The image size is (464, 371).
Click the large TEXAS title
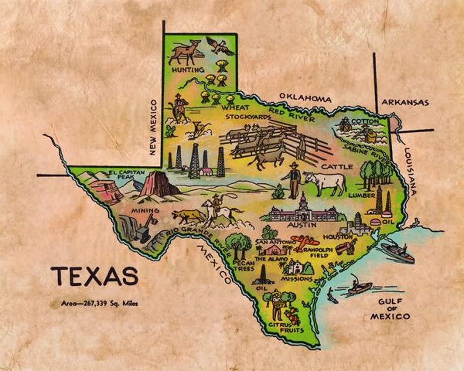coord(95,276)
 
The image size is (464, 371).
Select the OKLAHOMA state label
coord(305,98)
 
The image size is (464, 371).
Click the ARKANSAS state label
coord(405,102)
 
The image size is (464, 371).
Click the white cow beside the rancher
coord(326,182)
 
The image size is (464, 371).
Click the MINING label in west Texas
coord(146,210)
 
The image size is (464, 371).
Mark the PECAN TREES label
coord(243,265)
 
